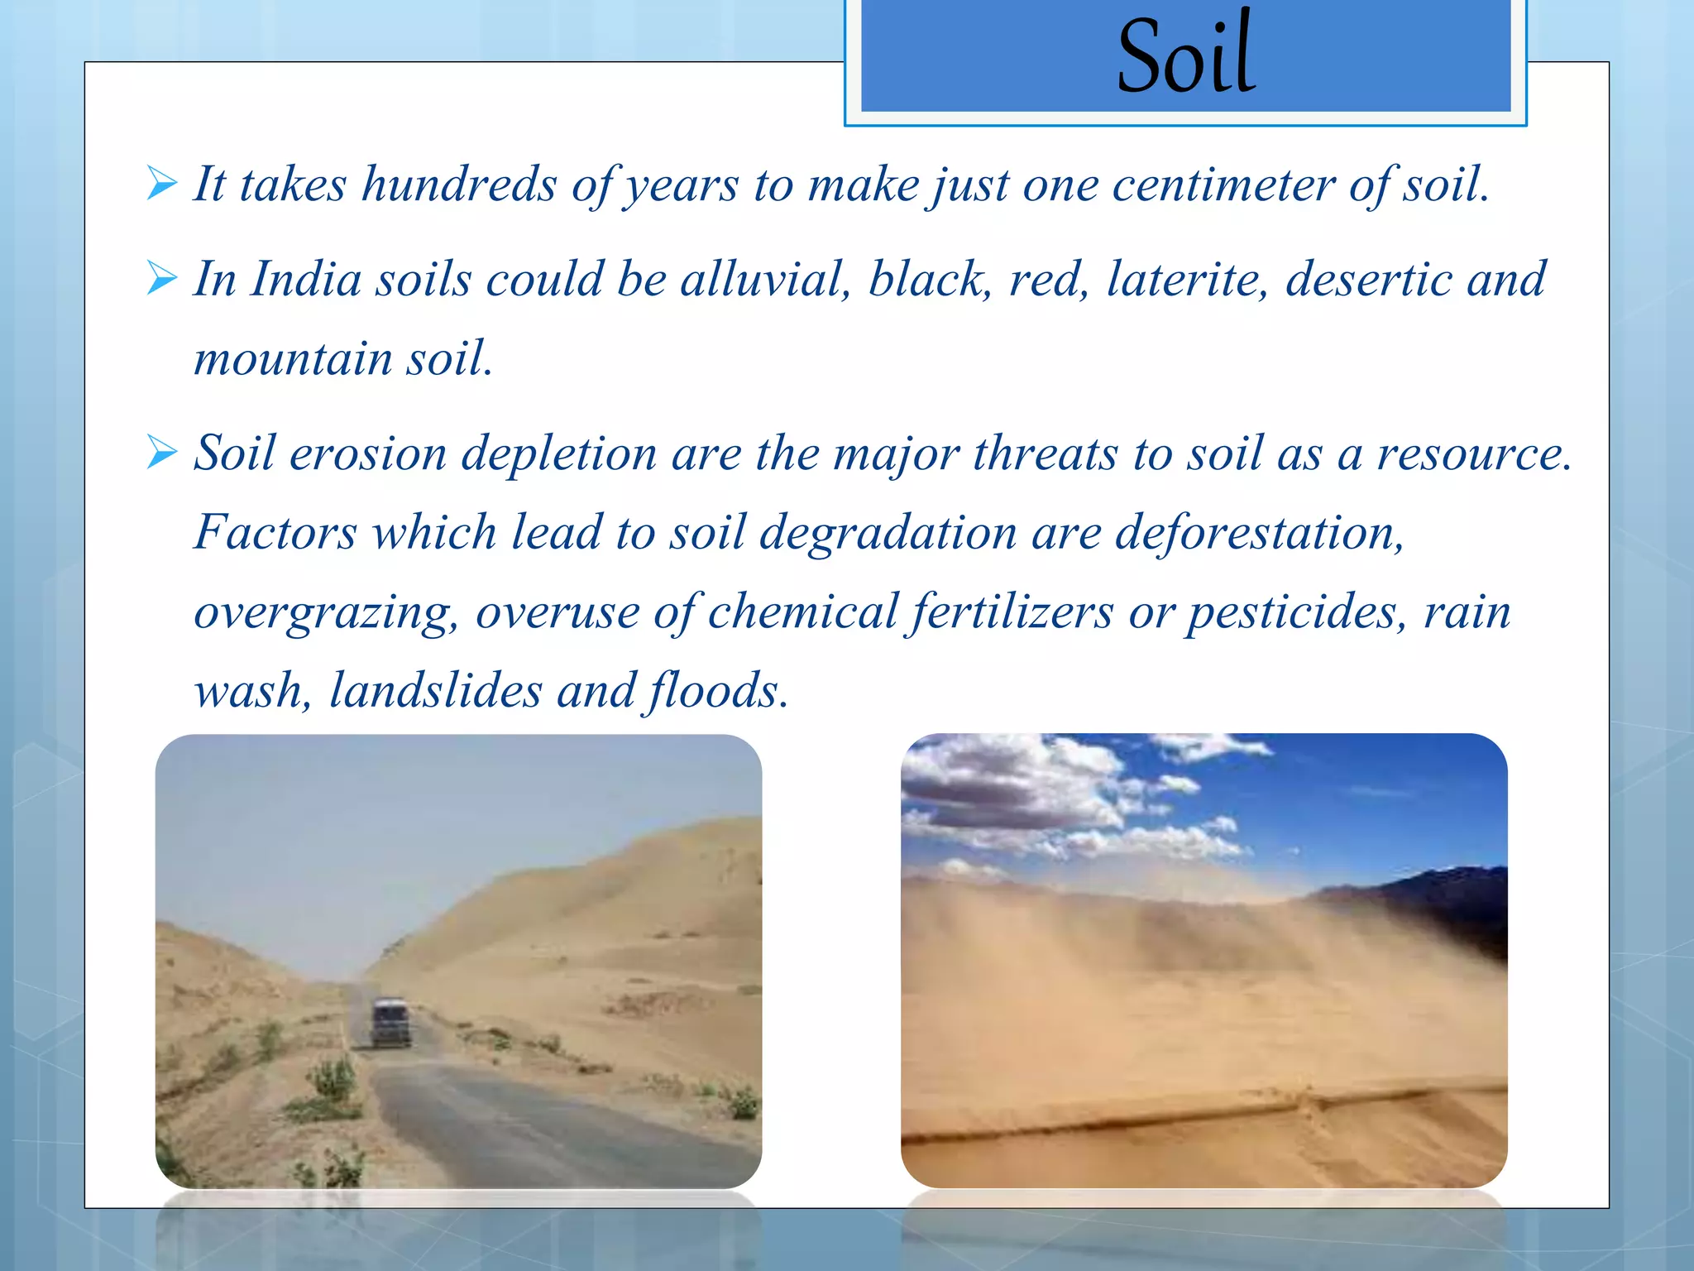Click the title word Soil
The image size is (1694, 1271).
1186,56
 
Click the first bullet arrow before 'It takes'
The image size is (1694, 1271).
162,183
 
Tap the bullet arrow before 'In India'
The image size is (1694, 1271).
162,278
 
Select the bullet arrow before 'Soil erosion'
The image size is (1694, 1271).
162,453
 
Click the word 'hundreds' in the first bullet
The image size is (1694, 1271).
459,184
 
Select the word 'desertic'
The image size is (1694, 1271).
1367,279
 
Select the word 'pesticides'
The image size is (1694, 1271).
1296,613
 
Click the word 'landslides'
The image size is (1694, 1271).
435,690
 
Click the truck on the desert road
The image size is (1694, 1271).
390,1022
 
